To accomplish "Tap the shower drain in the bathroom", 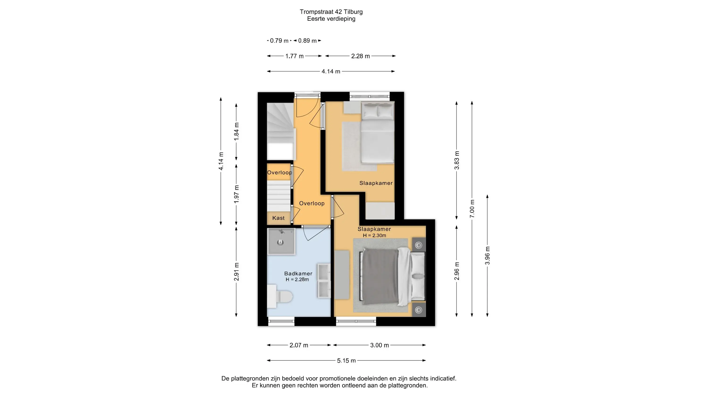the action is pos(280,242).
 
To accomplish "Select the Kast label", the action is pos(278,218).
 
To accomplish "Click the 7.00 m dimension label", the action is pos(472,209).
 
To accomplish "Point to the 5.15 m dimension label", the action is pos(346,361).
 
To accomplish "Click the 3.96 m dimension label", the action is pos(487,255).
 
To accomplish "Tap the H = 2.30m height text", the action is pos(374,235).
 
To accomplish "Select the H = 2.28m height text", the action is pos(297,280).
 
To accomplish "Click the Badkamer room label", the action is pos(298,274).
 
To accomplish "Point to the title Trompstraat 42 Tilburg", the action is pos(331,12).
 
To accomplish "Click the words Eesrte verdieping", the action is pos(331,19).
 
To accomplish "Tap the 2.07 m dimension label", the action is pos(299,345).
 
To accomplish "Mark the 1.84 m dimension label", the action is pos(236,132).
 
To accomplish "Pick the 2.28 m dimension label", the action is pos(360,56).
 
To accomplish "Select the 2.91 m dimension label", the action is pos(236,272).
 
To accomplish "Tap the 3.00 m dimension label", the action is pos(379,345).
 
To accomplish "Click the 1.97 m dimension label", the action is pos(236,194).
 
